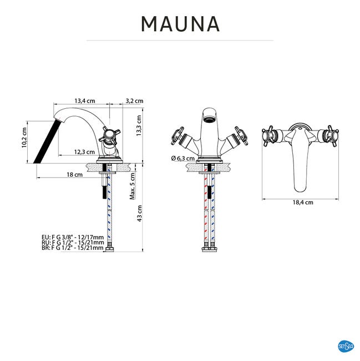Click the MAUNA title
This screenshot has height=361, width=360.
point(180,24)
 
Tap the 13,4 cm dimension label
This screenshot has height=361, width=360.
point(85,101)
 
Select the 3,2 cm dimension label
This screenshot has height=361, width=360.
point(134,101)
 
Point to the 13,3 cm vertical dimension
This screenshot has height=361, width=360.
point(139,126)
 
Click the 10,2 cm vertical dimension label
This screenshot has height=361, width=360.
point(24,137)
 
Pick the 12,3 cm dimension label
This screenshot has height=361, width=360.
point(84,152)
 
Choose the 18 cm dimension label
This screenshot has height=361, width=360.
point(74,174)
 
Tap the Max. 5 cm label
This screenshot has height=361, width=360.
point(132,186)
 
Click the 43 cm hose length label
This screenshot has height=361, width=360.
point(139,213)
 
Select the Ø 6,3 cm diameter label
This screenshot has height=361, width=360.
point(182,158)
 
